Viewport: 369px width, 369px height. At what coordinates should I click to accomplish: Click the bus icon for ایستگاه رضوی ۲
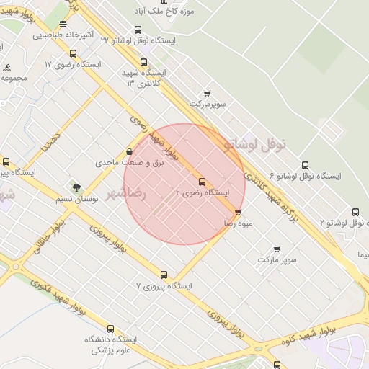pyautogui.click(x=202, y=182)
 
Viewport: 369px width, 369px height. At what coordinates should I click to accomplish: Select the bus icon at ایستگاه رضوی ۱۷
pyautogui.click(x=73, y=53)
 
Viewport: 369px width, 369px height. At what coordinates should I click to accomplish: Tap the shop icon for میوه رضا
pyautogui.click(x=238, y=213)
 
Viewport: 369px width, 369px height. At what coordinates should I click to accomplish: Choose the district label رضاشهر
pyautogui.click(x=127, y=194)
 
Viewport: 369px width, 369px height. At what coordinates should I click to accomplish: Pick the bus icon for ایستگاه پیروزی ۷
pyautogui.click(x=164, y=275)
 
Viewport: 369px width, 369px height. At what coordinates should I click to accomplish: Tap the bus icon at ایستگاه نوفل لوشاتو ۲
pyautogui.click(x=355, y=212)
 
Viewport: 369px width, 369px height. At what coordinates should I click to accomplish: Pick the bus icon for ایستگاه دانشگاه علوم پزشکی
pyautogui.click(x=110, y=329)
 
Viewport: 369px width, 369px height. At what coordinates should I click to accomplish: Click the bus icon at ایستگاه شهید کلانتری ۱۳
pyautogui.click(x=144, y=63)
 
